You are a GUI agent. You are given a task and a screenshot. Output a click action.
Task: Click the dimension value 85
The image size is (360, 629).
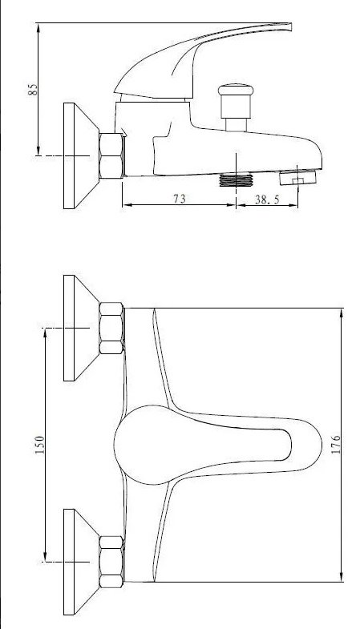34,89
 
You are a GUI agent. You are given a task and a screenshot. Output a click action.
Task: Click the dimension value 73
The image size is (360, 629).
180,199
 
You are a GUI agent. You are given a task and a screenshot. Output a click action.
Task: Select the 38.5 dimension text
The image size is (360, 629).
267,200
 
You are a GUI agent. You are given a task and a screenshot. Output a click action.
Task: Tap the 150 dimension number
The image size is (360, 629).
40,445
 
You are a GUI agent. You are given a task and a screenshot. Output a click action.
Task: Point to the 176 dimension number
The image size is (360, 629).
336,445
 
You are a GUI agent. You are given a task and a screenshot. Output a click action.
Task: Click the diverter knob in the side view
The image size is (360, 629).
236,107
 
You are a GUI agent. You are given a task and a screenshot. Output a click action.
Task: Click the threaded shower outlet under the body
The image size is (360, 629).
236,179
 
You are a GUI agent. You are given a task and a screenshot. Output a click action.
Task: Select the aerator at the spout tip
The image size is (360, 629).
297,177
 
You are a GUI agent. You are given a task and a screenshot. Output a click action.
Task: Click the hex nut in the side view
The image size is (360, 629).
111,155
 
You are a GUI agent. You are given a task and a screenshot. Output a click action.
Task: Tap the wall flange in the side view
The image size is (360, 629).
81,155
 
